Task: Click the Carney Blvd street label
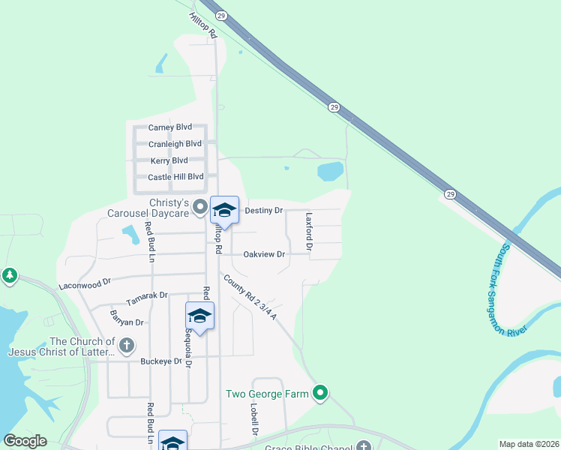coord(171,127)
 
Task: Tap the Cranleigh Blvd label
coord(175,144)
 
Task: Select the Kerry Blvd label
coord(169,160)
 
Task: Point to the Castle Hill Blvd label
coord(175,177)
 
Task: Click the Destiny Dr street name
coord(264,211)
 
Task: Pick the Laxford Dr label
coord(308,230)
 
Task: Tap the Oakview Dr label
coord(264,254)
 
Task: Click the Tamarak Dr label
coord(147,296)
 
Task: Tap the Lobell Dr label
coord(254,420)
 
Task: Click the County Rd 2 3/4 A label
coord(250,297)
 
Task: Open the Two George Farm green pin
coord(321,392)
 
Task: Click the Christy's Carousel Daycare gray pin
coord(199,206)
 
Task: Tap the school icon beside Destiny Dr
coord(224,210)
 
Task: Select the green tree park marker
coord(10,276)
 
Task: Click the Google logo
coord(25,441)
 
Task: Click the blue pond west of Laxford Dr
coord(330,172)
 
